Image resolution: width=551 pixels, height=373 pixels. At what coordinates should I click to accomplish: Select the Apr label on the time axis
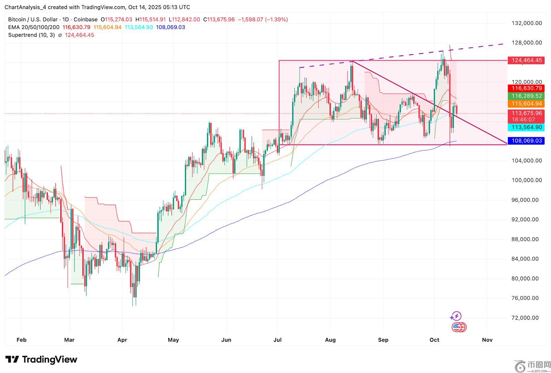[122, 340]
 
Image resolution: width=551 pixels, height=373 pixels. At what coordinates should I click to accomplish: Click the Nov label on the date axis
[487, 340]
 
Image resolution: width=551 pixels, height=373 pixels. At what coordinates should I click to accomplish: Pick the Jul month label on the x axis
[277, 340]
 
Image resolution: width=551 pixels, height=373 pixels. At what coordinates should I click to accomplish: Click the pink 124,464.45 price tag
[527, 60]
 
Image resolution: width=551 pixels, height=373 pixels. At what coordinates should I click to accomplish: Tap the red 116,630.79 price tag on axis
[527, 88]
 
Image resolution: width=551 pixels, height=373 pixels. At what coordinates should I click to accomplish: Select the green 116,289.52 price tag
[527, 96]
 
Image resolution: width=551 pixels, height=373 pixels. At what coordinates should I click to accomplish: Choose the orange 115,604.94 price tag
[527, 104]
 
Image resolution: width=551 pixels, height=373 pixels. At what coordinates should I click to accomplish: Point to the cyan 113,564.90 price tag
[527, 127]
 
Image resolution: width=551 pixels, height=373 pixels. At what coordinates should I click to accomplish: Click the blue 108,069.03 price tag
[527, 140]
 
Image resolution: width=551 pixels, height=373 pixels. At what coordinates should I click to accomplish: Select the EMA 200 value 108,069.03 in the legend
[170, 27]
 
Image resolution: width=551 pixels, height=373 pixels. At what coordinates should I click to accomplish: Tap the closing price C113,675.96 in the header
[219, 20]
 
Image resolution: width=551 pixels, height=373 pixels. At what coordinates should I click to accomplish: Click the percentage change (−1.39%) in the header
[276, 20]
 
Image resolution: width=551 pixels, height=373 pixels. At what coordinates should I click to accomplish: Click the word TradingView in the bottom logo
[50, 360]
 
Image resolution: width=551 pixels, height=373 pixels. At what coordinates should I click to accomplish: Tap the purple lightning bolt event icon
[456, 316]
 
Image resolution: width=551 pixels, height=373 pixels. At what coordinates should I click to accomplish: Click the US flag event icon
[457, 327]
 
